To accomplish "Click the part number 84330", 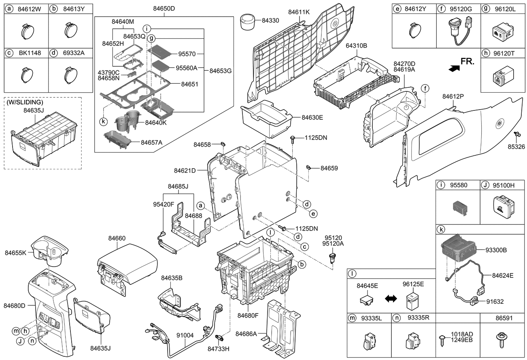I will tap(270, 19).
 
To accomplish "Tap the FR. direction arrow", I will tap(454, 69).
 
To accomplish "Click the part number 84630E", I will tap(312, 117).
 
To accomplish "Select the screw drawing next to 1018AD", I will tap(442, 339).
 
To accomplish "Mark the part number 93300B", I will tap(496, 250).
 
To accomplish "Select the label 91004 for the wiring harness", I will tap(185, 335).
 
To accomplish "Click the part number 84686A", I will tap(246, 334).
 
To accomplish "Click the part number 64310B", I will tap(356, 46).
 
